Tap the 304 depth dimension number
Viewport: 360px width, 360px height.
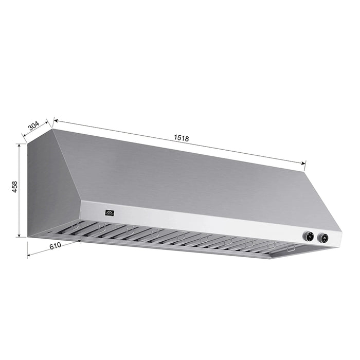[x=34, y=126]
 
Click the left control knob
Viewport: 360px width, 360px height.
[x=309, y=237]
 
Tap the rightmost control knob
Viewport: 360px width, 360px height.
[x=324, y=238]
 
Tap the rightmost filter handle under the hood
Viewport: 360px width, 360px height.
[x=291, y=248]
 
